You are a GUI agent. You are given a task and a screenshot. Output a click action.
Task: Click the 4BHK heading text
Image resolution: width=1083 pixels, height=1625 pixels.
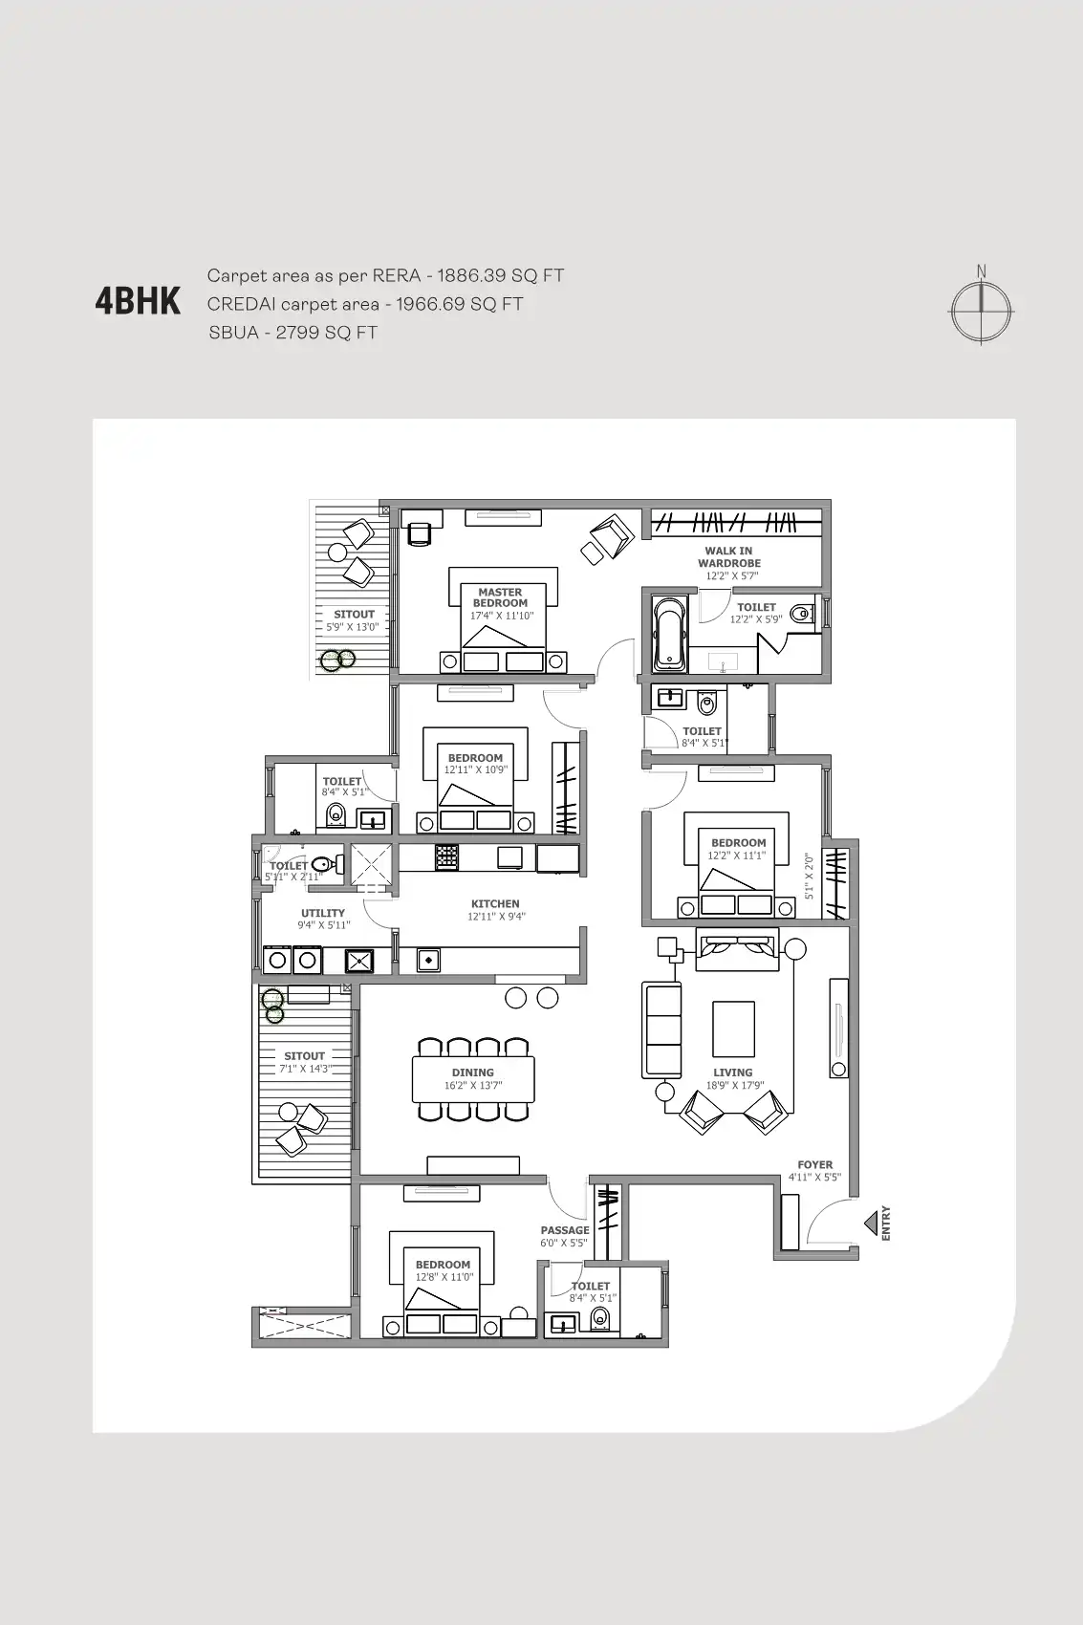pos(138,301)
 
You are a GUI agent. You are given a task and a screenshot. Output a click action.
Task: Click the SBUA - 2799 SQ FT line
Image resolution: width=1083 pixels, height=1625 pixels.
pos(292,333)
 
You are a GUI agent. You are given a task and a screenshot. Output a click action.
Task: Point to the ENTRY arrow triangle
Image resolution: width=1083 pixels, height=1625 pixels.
pos(871,1223)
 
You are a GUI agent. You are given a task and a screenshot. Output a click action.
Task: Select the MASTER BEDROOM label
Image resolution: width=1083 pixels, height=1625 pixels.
pos(500,597)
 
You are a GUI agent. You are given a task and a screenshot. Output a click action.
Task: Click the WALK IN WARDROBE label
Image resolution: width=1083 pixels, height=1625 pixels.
pos(728,556)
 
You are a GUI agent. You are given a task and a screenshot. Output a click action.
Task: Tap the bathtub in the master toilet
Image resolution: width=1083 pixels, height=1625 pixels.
pos(669,635)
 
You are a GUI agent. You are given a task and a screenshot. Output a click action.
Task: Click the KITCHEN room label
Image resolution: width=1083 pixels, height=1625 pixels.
pos(495,903)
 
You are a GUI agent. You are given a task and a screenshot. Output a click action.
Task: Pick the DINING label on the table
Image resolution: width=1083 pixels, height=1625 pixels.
pos(472,1072)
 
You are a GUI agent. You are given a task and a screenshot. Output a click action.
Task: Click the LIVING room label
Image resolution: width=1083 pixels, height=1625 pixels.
pos(732,1072)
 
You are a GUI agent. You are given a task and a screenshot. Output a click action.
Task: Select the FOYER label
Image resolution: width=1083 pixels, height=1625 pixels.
pos(814,1164)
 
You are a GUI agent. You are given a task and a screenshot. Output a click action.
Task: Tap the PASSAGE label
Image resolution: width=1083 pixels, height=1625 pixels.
pos(564,1230)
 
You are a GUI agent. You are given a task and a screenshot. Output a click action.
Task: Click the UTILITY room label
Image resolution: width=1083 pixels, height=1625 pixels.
pos(323,913)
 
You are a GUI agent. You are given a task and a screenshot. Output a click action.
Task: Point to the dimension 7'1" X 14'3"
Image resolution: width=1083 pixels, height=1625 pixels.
pos(305,1069)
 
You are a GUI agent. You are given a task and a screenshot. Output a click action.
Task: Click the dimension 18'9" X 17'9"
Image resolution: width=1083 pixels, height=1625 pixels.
pos(734,1085)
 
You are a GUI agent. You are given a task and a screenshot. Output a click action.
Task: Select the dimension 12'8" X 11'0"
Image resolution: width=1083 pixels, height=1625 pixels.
pos(444,1277)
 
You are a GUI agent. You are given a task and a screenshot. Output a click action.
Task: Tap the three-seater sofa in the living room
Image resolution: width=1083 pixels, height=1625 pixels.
pos(661,1030)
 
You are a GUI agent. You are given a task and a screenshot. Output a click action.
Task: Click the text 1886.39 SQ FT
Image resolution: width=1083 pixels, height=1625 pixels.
pos(500,276)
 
